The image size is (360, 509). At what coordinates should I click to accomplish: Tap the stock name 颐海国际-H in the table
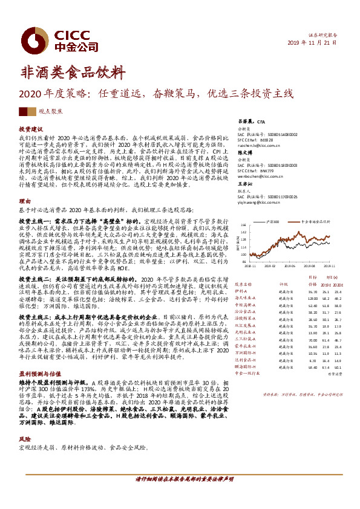click(x=245, y=366)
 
